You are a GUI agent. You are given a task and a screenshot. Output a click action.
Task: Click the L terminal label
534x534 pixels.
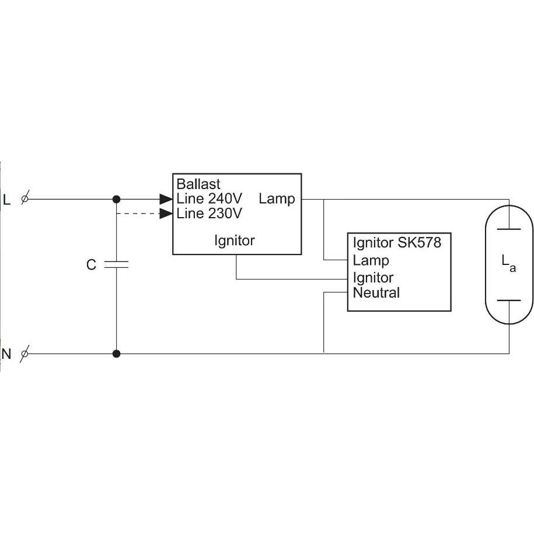(x=6, y=200)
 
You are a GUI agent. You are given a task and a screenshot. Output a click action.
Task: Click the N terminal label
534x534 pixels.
(x=6, y=354)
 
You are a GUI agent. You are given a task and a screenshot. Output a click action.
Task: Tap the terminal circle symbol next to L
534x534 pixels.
(x=25, y=198)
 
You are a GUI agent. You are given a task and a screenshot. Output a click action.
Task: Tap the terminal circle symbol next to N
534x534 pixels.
(x=25, y=354)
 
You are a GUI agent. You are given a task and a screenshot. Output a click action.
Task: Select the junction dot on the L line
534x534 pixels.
(x=117, y=199)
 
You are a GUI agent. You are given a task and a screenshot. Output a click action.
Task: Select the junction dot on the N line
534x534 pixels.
(x=117, y=354)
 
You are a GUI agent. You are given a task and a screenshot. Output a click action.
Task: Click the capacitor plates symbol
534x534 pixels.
(x=117, y=264)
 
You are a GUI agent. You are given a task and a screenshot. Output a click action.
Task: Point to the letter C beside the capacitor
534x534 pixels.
(x=91, y=264)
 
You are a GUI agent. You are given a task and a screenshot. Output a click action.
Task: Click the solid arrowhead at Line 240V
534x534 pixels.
(x=166, y=199)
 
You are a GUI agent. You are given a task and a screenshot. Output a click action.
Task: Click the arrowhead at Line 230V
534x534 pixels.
(x=166, y=214)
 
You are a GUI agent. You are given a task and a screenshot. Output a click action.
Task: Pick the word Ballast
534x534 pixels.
(x=198, y=184)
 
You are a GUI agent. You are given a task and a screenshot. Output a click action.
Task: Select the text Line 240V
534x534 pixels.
(x=209, y=198)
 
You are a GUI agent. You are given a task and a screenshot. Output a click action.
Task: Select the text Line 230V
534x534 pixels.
(x=209, y=214)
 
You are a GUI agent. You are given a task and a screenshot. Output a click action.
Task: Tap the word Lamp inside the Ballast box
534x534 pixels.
(x=277, y=199)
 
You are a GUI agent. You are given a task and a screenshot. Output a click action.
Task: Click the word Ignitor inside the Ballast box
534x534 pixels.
(x=234, y=241)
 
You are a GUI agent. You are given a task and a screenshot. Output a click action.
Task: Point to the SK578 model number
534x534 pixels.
(x=420, y=242)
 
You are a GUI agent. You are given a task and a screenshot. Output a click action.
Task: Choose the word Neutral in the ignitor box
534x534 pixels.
(x=376, y=293)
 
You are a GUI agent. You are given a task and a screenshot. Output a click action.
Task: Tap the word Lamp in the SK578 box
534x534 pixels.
(x=371, y=261)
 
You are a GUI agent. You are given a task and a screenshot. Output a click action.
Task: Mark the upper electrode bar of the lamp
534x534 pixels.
(x=509, y=229)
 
